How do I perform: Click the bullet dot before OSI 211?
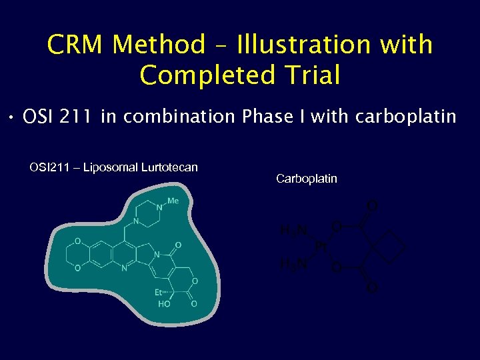point(13,119)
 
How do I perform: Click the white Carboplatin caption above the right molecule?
point(306,179)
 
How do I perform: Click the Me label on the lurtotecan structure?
point(173,201)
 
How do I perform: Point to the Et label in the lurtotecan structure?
point(160,292)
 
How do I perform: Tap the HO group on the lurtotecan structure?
point(163,304)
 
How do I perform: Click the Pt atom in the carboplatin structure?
point(321,247)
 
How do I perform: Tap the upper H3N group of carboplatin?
point(293,231)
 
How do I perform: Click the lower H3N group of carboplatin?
point(293,265)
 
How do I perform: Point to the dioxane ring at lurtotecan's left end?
point(78,255)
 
